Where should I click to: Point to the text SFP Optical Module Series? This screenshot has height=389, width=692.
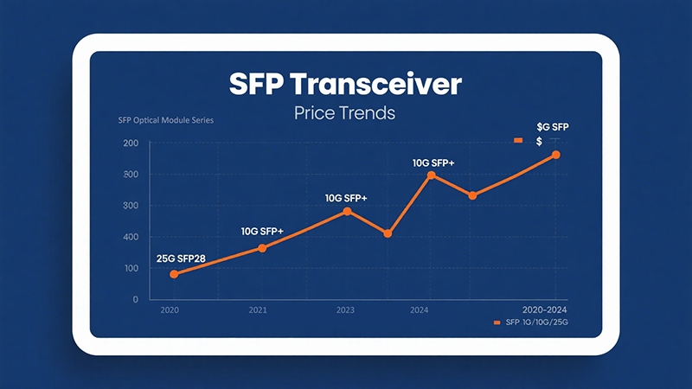(165, 120)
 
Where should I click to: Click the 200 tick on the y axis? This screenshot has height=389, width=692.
(131, 143)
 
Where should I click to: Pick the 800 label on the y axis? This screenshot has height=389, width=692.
(131, 175)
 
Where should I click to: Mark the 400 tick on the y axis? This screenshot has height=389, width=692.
(131, 237)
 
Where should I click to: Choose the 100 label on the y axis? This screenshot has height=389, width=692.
(131, 268)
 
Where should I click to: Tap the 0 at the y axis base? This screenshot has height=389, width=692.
(135, 299)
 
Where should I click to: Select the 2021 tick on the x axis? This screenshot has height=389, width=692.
(257, 309)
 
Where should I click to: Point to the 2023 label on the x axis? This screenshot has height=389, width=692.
(345, 309)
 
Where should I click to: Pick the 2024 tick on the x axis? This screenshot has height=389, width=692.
(420, 309)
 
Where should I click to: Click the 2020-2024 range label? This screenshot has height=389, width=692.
(546, 309)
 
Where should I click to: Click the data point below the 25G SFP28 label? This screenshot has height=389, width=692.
(174, 274)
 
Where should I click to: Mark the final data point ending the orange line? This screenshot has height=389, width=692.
(556, 155)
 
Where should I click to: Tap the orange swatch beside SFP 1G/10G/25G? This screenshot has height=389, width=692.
(497, 322)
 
